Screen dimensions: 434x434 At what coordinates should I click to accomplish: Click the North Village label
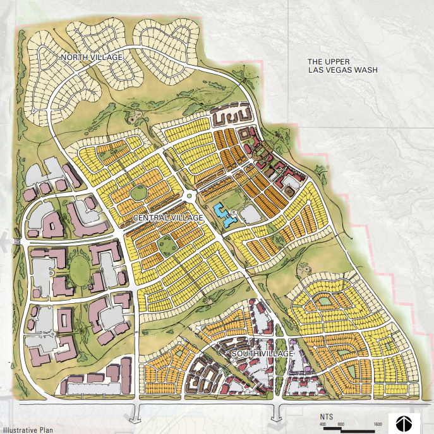92,57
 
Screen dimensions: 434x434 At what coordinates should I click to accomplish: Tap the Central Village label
168,218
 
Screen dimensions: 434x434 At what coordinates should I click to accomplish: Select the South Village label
262,354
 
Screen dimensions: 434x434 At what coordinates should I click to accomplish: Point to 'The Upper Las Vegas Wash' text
342,66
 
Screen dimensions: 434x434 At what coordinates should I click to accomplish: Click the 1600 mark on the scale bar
377,425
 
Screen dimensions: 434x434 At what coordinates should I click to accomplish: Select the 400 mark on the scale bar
322,425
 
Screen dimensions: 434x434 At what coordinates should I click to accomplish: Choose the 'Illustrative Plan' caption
25,429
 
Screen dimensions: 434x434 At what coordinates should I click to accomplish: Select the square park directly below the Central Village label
166,243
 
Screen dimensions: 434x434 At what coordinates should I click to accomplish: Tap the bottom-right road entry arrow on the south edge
275,413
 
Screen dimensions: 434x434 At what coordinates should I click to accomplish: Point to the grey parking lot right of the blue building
249,215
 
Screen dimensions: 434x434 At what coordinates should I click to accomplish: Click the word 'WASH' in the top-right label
365,70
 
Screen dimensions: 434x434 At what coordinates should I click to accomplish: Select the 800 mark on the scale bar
341,425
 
